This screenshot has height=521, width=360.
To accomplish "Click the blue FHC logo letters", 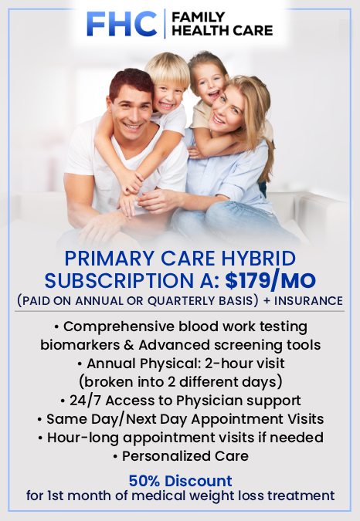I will (122, 23).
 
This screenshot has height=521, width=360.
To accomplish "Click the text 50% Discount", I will (180, 481).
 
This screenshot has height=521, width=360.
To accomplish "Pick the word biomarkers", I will (77, 344).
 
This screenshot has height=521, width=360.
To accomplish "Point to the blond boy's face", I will (168, 86).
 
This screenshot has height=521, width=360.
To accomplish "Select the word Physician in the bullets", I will (203, 400).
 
